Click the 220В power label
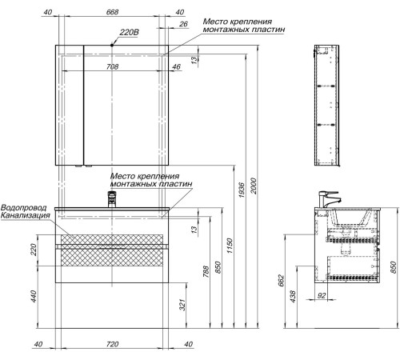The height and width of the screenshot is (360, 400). (129, 33)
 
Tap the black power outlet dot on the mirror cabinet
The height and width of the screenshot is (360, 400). (112, 46)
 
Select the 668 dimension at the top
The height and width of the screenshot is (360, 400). (112, 12)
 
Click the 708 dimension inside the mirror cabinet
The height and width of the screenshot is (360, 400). (112, 66)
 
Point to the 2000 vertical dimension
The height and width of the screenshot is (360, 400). (254, 186)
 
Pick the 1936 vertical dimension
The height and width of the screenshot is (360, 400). (242, 190)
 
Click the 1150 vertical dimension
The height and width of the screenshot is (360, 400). (230, 246)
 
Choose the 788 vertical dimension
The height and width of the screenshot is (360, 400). (206, 271)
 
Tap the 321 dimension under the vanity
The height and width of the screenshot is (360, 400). (182, 305)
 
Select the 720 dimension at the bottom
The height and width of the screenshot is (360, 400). (112, 344)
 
